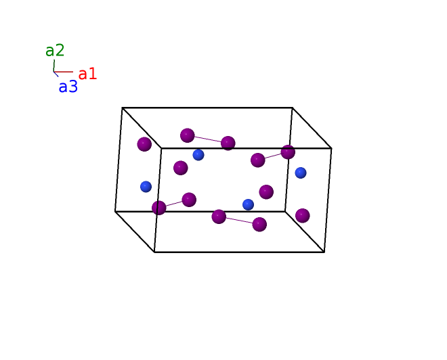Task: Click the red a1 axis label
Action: click(x=87, y=74)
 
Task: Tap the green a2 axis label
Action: click(x=55, y=50)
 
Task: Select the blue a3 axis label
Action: click(x=68, y=87)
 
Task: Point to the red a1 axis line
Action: click(x=63, y=72)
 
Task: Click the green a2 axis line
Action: click(x=54, y=66)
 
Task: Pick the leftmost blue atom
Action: click(x=146, y=187)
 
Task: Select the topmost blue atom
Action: click(x=198, y=155)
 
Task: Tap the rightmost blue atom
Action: click(x=301, y=173)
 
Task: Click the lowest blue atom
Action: click(x=249, y=204)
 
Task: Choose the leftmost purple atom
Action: click(x=144, y=144)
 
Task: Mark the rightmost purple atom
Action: click(x=303, y=216)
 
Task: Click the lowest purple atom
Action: click(x=259, y=225)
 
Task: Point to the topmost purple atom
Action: click(x=188, y=135)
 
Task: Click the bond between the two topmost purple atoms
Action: click(x=208, y=139)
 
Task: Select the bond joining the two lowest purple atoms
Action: click(x=239, y=221)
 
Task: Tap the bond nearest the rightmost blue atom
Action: click(x=273, y=156)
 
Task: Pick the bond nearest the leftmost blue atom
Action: click(x=174, y=204)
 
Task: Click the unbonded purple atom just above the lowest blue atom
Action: click(x=266, y=192)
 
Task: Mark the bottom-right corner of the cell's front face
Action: click(x=324, y=252)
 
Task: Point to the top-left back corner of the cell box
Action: click(x=122, y=108)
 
